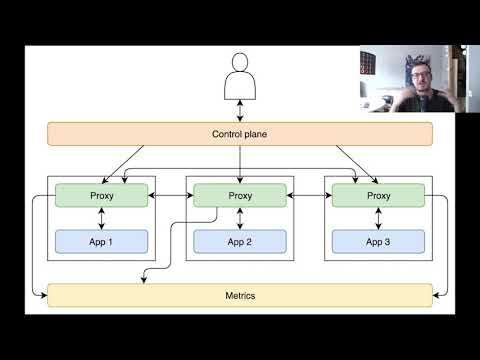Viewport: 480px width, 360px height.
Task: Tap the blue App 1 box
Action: click(101, 241)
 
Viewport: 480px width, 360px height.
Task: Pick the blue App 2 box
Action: click(240, 241)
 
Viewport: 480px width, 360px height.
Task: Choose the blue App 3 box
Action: click(378, 241)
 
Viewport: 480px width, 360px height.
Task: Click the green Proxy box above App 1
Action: click(101, 195)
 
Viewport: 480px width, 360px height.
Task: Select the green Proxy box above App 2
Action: click(240, 195)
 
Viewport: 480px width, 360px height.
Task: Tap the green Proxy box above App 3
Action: click(378, 195)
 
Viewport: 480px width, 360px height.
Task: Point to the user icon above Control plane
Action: click(240, 82)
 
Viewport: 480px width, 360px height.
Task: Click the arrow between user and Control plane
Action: click(240, 113)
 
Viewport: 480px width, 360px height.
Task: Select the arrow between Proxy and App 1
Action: click(101, 219)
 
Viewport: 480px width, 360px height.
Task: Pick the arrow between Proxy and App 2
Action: click(240, 219)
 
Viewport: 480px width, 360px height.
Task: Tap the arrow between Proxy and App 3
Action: click(378, 219)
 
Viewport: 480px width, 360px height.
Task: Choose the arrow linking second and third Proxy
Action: click(309, 195)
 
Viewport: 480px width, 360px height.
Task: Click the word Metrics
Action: click(240, 295)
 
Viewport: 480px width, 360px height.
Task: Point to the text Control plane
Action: click(240, 134)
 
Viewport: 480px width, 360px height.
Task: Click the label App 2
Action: click(240, 241)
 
